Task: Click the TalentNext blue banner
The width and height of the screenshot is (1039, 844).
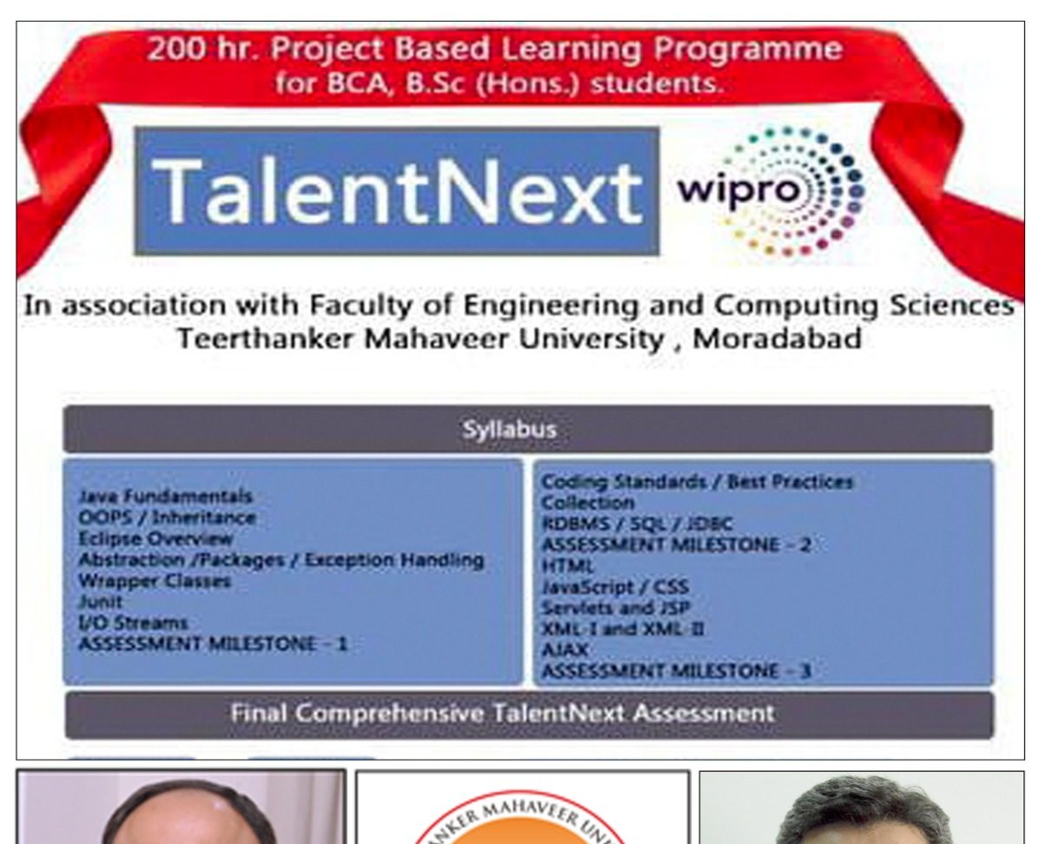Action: (x=396, y=191)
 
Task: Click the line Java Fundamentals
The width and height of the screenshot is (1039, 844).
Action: (x=165, y=496)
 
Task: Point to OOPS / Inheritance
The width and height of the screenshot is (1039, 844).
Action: (x=167, y=518)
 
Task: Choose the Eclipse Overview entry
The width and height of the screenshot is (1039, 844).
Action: (x=156, y=538)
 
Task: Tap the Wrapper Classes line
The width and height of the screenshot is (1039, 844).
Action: (x=155, y=581)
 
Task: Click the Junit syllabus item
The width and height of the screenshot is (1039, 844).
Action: (x=100, y=602)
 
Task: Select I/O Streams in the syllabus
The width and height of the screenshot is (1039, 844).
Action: (x=133, y=623)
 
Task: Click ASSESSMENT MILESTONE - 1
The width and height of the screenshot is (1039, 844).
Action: (x=213, y=644)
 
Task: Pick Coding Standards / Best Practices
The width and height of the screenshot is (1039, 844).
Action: (x=697, y=482)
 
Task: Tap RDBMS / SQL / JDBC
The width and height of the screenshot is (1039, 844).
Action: (x=637, y=524)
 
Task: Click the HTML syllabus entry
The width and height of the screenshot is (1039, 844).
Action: (x=568, y=566)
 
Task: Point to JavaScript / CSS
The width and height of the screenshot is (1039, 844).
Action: (x=615, y=587)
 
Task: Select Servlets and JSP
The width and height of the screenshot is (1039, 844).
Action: (x=616, y=608)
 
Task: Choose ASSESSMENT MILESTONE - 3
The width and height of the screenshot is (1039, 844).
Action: (x=676, y=671)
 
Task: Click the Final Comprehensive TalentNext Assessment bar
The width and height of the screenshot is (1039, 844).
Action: (x=529, y=715)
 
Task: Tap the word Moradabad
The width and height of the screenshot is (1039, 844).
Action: (x=777, y=339)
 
